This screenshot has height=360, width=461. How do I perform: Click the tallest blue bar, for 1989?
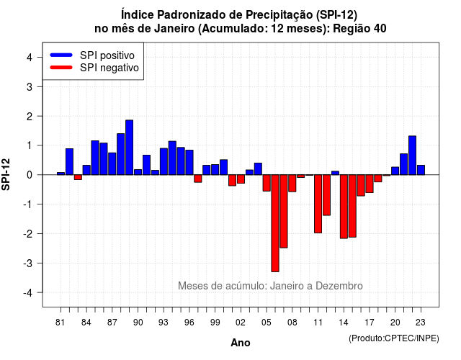(x=130, y=147)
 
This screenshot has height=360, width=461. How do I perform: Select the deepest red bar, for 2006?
(x=275, y=223)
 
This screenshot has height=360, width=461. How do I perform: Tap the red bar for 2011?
(x=318, y=204)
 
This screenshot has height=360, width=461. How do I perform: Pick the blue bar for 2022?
(x=413, y=156)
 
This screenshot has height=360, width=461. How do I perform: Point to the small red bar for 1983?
(x=78, y=177)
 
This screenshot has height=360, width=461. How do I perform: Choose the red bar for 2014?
(x=344, y=207)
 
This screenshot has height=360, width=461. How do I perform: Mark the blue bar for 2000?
(x=224, y=167)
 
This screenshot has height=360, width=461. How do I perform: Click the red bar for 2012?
(x=326, y=195)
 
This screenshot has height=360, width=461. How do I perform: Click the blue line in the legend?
(x=61, y=55)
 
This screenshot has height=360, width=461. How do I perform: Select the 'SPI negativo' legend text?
(x=109, y=68)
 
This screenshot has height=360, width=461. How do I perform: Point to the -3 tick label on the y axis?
(x=28, y=264)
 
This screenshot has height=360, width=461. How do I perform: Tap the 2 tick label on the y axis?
(x=30, y=117)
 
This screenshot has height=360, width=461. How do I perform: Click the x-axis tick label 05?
(x=267, y=323)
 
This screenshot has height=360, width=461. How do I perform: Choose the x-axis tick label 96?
(x=189, y=323)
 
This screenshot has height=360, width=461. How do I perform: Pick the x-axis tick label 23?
(x=421, y=323)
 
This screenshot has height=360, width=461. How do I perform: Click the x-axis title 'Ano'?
(x=241, y=343)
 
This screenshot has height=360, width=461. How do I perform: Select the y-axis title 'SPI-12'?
(x=6, y=174)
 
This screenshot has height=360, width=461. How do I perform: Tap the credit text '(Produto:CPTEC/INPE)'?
(x=394, y=338)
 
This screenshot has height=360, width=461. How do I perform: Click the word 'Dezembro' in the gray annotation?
(x=339, y=286)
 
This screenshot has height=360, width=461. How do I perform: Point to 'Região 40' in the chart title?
(x=359, y=29)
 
